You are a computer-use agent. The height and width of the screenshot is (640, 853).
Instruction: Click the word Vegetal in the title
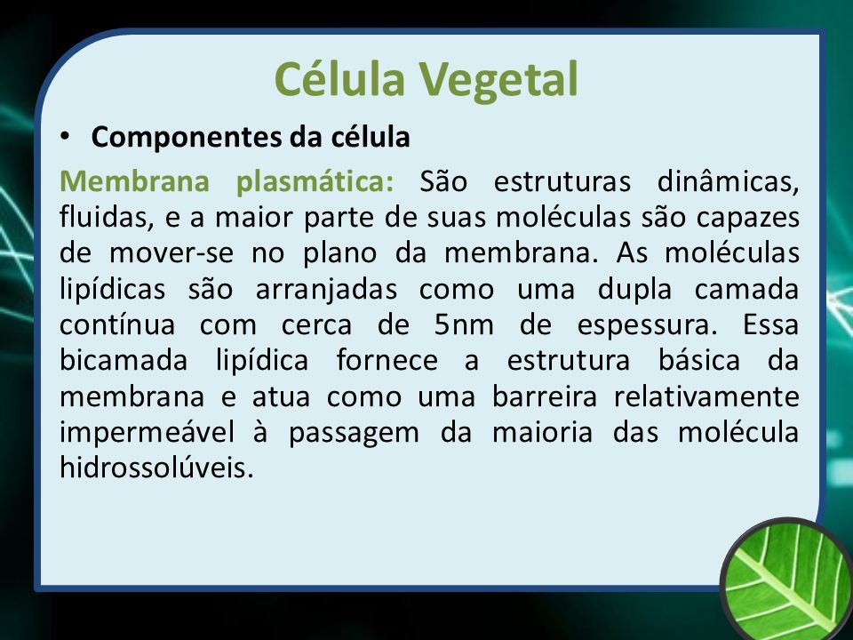tap(498, 79)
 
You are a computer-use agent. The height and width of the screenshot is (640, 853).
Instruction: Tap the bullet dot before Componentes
tap(65, 136)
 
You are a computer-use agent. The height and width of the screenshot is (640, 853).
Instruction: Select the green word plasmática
tap(315, 181)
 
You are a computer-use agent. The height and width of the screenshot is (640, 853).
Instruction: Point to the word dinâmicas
tap(729, 181)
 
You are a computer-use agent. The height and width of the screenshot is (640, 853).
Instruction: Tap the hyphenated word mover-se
tap(171, 253)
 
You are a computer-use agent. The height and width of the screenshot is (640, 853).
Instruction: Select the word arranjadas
tap(326, 288)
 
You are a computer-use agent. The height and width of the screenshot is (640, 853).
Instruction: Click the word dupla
tap(634, 288)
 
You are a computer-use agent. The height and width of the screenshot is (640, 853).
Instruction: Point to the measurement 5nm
tap(464, 325)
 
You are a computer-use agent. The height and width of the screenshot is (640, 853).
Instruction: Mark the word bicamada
tap(124, 360)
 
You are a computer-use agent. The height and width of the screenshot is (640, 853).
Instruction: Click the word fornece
tap(387, 360)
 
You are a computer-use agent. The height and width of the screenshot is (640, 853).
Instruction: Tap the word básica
tap(699, 360)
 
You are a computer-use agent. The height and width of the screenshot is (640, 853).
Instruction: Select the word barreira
tap(545, 396)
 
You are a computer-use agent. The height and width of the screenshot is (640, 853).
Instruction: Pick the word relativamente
tap(706, 396)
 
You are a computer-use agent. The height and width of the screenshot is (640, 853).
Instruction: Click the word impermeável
tap(147, 433)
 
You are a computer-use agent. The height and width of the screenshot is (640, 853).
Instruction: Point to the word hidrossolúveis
tap(156, 468)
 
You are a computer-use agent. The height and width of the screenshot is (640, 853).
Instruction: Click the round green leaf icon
tap(787, 580)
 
